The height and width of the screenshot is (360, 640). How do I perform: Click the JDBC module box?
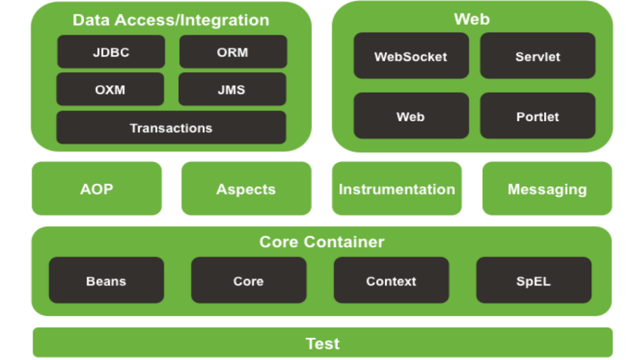pyautogui.click(x=111, y=52)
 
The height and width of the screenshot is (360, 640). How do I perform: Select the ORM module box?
pyautogui.click(x=232, y=52)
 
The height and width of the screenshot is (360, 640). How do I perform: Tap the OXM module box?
pyautogui.click(x=110, y=90)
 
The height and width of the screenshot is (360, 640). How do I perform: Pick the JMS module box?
pyautogui.click(x=231, y=90)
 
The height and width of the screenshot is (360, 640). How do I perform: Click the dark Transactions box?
pyautogui.click(x=171, y=128)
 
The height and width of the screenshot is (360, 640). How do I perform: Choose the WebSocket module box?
pyautogui.click(x=410, y=56)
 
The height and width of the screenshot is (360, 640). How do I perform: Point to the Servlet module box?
pyautogui.click(x=537, y=56)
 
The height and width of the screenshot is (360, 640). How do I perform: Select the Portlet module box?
pyautogui.click(x=537, y=116)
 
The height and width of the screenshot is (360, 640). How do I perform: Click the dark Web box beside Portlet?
pyautogui.click(x=410, y=116)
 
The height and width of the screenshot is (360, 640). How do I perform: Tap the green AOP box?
pyautogui.click(x=96, y=189)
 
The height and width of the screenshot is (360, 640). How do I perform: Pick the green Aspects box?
pyautogui.click(x=246, y=189)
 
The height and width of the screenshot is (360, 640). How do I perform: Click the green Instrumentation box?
pyautogui.click(x=396, y=189)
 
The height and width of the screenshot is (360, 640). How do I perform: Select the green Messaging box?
pyautogui.click(x=547, y=189)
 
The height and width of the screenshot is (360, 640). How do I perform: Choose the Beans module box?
pyautogui.click(x=106, y=281)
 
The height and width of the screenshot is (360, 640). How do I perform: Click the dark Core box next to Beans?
pyautogui.click(x=248, y=281)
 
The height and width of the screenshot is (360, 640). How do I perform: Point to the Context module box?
pyautogui.click(x=391, y=281)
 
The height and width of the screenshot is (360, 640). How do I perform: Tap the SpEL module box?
pyautogui.click(x=534, y=281)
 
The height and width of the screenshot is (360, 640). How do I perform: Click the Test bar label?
pyautogui.click(x=322, y=343)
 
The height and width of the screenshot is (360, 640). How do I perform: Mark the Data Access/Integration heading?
pyautogui.click(x=170, y=20)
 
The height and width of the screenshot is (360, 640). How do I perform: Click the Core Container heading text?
pyautogui.click(x=322, y=242)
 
